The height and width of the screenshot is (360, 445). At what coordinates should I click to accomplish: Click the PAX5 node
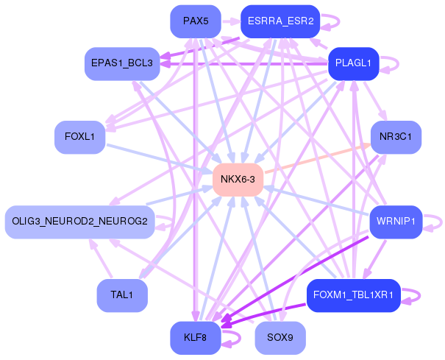point(195,21)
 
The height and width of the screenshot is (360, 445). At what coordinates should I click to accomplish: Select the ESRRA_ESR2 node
point(280,21)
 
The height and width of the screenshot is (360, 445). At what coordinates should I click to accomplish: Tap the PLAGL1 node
point(353,63)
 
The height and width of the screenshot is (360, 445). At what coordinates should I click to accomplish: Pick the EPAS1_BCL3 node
point(121,63)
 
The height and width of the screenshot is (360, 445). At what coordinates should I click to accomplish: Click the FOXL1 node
point(79,137)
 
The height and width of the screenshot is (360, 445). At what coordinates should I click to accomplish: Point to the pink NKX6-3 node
point(238,180)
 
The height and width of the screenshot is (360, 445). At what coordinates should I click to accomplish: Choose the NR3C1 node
point(396,137)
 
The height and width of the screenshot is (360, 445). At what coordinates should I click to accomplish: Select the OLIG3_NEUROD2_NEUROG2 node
point(79,222)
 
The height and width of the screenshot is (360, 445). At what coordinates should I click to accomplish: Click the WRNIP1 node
point(396,222)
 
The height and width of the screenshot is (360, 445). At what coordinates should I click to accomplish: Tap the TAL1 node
point(121,295)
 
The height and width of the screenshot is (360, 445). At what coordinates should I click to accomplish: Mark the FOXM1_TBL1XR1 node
point(353,295)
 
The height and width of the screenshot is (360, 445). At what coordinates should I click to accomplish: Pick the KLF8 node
point(195,338)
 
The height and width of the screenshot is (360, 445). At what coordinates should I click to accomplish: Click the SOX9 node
point(280,338)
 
